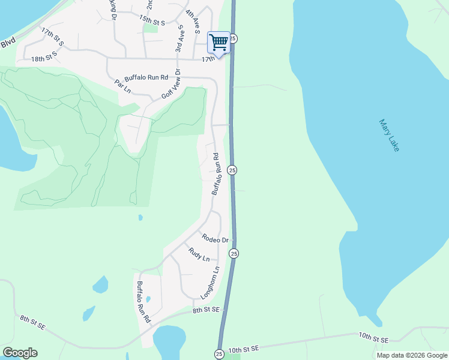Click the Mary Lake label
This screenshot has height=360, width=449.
[x=389, y=135]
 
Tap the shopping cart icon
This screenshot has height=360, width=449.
[x=218, y=43]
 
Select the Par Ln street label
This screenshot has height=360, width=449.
[x=122, y=88]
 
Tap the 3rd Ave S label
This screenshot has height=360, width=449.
[x=178, y=38]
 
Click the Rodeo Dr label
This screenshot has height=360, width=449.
[x=215, y=239]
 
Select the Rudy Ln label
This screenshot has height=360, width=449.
[x=199, y=254]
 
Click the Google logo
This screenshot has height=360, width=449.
[x=20, y=353]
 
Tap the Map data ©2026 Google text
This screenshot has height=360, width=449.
[x=412, y=355]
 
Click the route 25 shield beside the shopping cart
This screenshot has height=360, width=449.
[x=234, y=38]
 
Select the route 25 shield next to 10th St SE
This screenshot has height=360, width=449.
[x=219, y=354]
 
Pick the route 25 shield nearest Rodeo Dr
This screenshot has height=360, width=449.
[x=234, y=254]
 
